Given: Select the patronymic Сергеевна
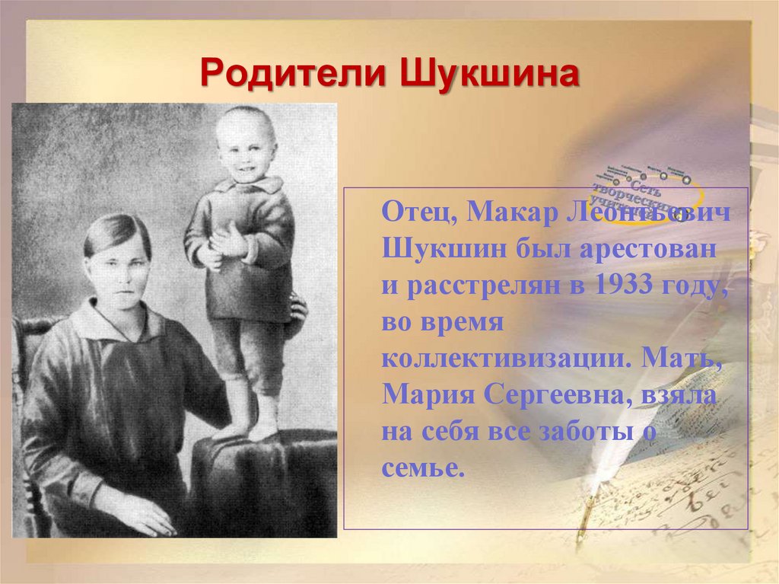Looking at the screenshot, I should pos(555,395).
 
